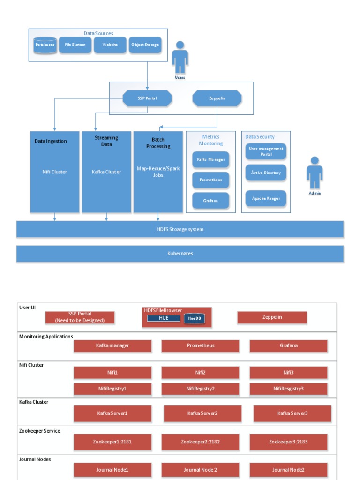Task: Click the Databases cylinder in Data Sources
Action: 45,45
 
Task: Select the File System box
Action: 75,45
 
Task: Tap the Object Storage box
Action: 145,45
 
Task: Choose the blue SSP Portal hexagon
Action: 147,98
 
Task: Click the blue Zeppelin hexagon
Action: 217,98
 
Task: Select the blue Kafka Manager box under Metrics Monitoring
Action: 210,160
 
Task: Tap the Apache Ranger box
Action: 266,199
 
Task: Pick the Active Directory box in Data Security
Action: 266,173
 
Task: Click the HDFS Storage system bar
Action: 180,229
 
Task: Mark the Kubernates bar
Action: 180,254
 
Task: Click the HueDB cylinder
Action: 194,319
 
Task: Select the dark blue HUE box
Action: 164,318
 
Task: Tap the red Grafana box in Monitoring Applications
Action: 288,346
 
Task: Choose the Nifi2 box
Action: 200,373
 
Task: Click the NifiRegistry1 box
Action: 112,389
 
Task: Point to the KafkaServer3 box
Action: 292,413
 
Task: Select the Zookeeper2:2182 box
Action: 200,442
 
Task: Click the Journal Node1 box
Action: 112,470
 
